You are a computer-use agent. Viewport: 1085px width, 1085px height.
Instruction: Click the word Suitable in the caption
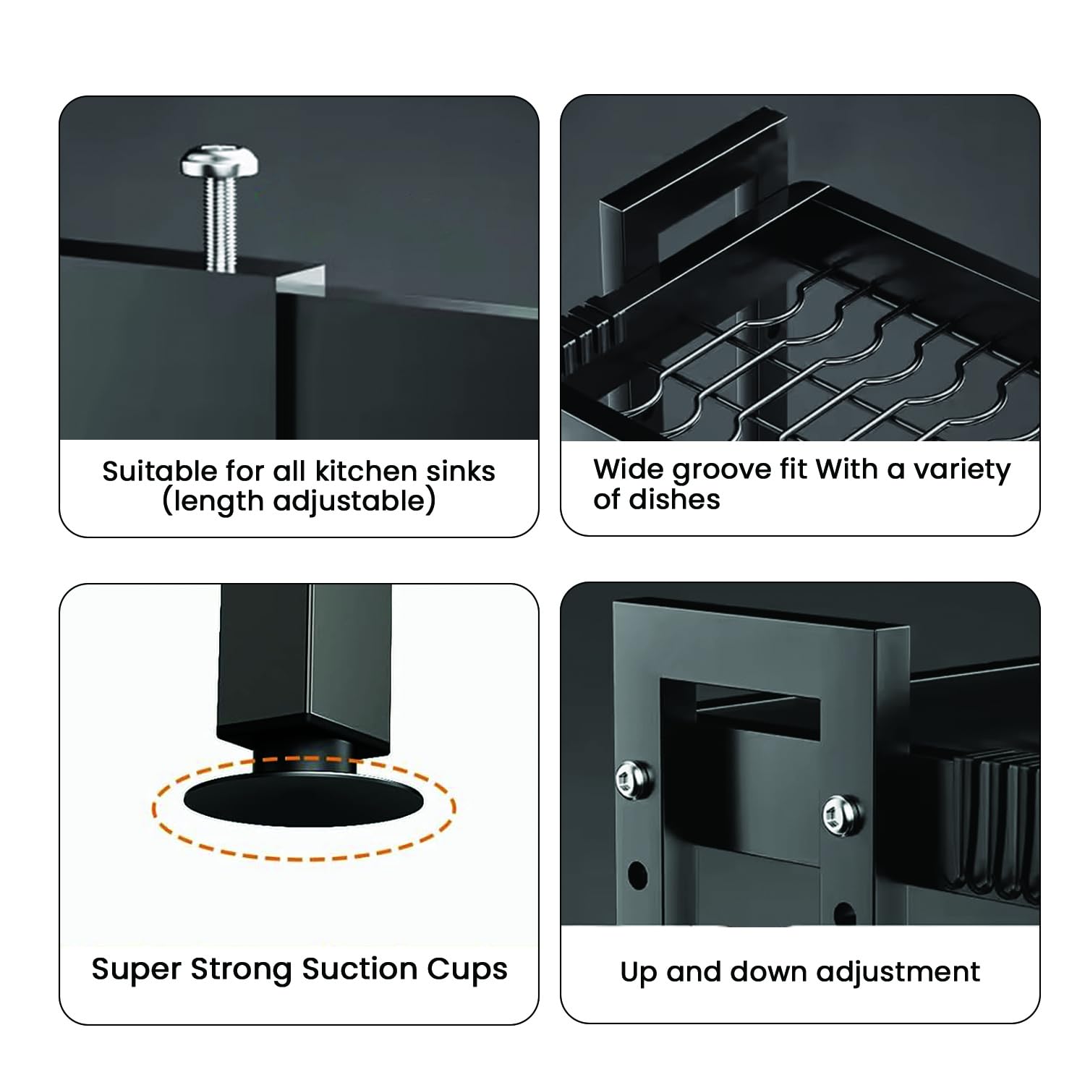point(159,472)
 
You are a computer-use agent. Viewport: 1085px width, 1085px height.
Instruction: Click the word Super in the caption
point(136,970)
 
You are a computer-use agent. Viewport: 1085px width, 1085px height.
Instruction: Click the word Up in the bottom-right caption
point(639,973)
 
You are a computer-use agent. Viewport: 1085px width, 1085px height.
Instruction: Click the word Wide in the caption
point(629,469)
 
